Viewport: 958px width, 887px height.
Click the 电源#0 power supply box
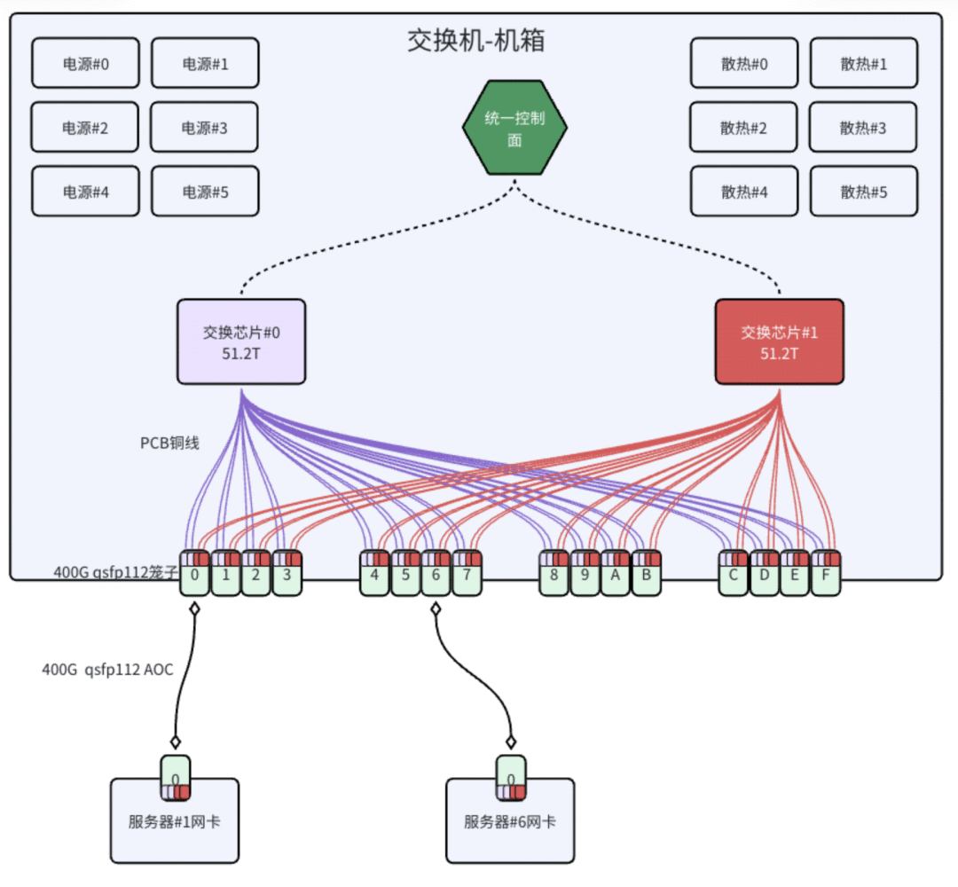85,63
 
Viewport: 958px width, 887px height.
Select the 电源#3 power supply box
205,128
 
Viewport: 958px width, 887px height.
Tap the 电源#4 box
85,192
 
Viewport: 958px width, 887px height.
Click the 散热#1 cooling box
863,63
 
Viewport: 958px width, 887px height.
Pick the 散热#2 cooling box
743,128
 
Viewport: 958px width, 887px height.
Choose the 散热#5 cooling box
863,192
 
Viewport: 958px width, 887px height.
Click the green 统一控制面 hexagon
514,129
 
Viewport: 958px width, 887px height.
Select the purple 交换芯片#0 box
241,341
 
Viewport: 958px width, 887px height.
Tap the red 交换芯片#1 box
779,341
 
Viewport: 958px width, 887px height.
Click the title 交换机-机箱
475,41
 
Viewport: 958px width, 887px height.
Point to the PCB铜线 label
169,443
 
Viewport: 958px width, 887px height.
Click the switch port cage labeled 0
194,575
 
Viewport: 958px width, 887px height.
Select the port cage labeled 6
436,575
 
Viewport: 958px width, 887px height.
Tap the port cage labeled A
616,575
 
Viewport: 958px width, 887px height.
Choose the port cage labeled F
826,575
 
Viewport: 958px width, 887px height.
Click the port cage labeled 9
585,575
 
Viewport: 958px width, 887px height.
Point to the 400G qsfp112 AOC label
107,670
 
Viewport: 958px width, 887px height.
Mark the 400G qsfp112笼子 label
115,573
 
